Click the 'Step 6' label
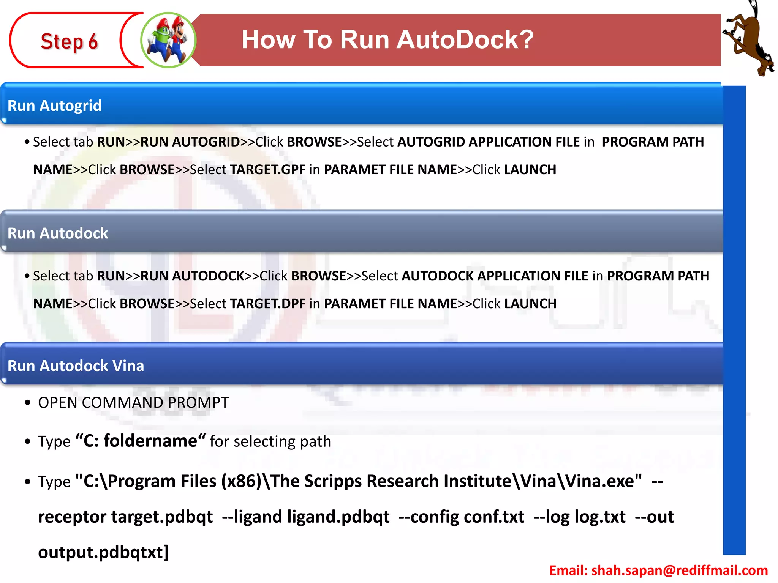coord(69,41)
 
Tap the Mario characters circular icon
coord(168,40)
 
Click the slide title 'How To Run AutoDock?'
coord(387,39)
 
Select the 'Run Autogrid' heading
coord(55,106)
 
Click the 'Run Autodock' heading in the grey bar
coord(58,233)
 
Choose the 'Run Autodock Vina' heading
coord(76,366)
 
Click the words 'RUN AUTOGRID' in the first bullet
coord(190,142)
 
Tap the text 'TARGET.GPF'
coord(268,169)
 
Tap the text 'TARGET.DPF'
coord(268,303)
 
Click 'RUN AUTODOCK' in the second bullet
coord(192,276)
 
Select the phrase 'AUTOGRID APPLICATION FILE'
coord(489,142)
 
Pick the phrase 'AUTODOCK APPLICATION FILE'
coord(495,276)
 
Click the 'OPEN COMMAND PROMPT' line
coord(133,402)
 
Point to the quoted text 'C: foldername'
coord(141,441)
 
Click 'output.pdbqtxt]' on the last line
coord(103,552)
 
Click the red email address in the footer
coord(658,570)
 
